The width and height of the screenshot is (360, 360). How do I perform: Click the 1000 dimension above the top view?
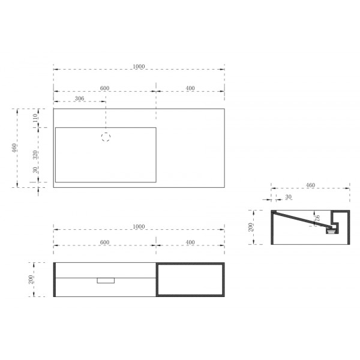pos(139,67)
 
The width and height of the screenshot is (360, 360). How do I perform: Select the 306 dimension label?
pos(79,98)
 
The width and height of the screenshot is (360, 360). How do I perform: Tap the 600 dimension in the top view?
pos(104,88)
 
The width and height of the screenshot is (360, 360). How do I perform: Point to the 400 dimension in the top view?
pos(190,88)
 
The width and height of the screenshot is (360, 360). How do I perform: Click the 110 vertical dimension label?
pos(35,118)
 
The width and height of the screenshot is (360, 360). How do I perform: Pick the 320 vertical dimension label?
pos(35,154)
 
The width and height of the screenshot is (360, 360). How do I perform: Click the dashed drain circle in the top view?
pos(106,137)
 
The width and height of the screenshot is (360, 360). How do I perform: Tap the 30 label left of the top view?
pos(35,170)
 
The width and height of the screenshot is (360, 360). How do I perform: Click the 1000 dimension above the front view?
pos(139,226)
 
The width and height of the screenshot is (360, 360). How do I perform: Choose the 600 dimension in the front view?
pos(104,242)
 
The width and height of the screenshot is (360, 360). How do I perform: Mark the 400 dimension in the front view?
pos(190,242)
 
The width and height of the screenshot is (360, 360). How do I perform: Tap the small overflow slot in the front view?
pos(106,280)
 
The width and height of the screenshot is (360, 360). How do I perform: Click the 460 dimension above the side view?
pos(310,185)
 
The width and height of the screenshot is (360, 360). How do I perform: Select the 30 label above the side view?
pos(289,197)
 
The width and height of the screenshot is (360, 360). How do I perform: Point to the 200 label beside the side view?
pos(253,227)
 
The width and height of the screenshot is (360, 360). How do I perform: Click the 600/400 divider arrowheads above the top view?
pos(156,92)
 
